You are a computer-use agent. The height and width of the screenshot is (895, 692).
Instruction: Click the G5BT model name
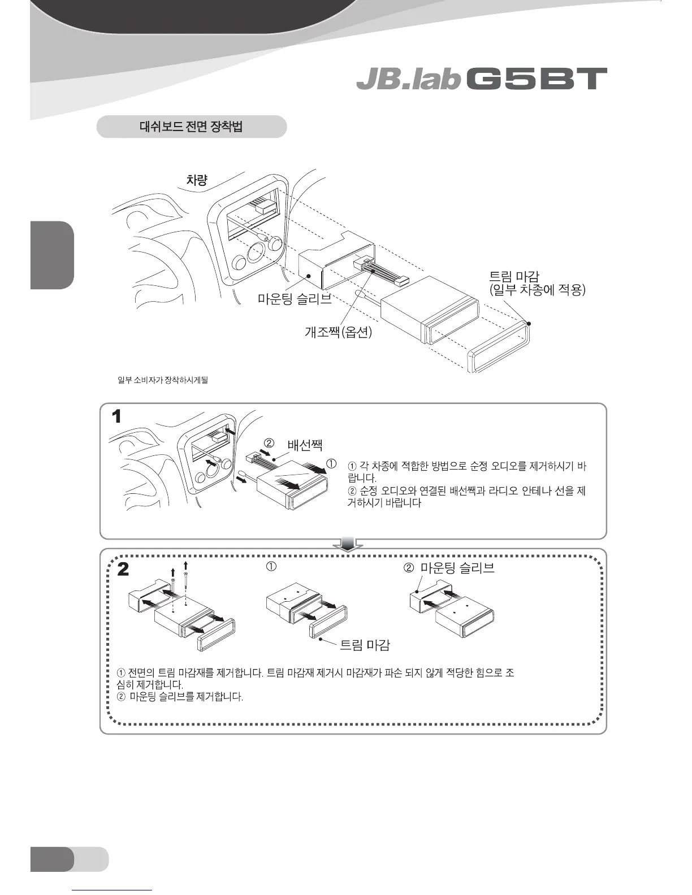coord(537,80)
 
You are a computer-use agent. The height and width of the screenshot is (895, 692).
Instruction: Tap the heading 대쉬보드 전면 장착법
coord(191,127)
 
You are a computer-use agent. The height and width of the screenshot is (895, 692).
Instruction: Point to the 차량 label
coord(197,180)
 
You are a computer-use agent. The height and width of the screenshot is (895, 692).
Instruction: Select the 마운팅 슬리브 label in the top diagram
coord(295,299)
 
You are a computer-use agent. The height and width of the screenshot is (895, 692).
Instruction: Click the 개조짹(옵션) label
coord(338,332)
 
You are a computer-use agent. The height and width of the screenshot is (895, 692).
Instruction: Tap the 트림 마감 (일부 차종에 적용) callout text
coord(537,284)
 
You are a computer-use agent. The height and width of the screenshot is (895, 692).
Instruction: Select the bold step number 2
coord(122,570)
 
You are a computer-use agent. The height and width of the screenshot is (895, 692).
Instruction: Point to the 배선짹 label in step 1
coord(305,445)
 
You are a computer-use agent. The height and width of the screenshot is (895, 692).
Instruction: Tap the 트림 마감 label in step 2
coord(365,645)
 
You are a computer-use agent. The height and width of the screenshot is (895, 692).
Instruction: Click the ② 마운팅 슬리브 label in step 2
coord(449,568)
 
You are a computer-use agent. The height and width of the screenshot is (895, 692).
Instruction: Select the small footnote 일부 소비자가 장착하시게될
coord(162,380)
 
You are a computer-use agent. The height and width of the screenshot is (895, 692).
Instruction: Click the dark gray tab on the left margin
coord(52,255)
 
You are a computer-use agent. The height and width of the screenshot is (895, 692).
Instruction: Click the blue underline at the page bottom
coord(113,890)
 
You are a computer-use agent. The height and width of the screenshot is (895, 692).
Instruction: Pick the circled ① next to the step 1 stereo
coord(332,464)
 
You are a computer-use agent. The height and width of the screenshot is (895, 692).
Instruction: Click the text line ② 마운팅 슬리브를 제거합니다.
coord(180,697)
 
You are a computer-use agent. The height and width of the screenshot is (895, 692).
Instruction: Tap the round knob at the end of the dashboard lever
coord(275,243)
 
